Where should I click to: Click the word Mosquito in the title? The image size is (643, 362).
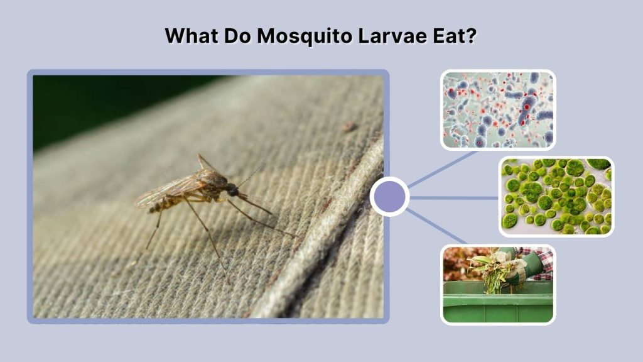[303, 35]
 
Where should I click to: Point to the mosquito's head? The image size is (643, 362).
[232, 189]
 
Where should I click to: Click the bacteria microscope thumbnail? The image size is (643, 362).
[497, 110]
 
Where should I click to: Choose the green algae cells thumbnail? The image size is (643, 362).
[556, 196]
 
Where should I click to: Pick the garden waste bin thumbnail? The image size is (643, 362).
[497, 284]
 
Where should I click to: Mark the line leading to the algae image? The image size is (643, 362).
[453, 197]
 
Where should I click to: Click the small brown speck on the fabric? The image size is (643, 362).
[349, 127]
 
